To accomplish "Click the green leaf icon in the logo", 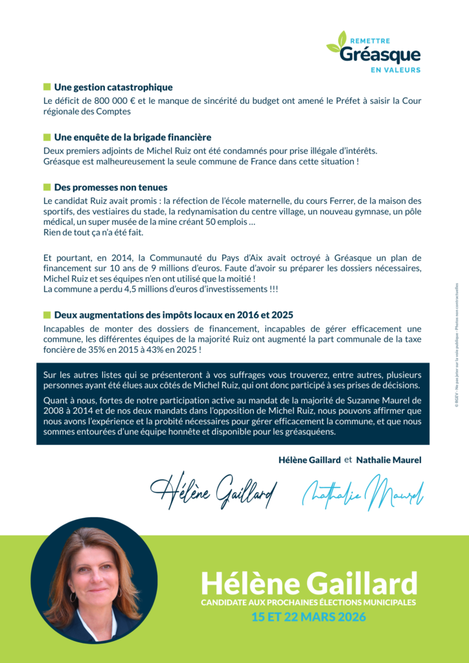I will (337, 42).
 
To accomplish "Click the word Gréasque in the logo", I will (380, 55).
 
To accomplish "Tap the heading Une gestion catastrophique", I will (113, 87).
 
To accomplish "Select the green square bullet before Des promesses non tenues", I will (47, 187).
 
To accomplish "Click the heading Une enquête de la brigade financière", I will (133, 137).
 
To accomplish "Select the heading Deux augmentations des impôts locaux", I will (174, 315).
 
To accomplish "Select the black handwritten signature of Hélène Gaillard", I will (214, 490).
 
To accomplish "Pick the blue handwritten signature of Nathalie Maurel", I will (363, 492).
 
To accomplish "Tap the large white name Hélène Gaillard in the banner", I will (309, 583).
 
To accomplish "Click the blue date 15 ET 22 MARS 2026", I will (308, 617).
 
